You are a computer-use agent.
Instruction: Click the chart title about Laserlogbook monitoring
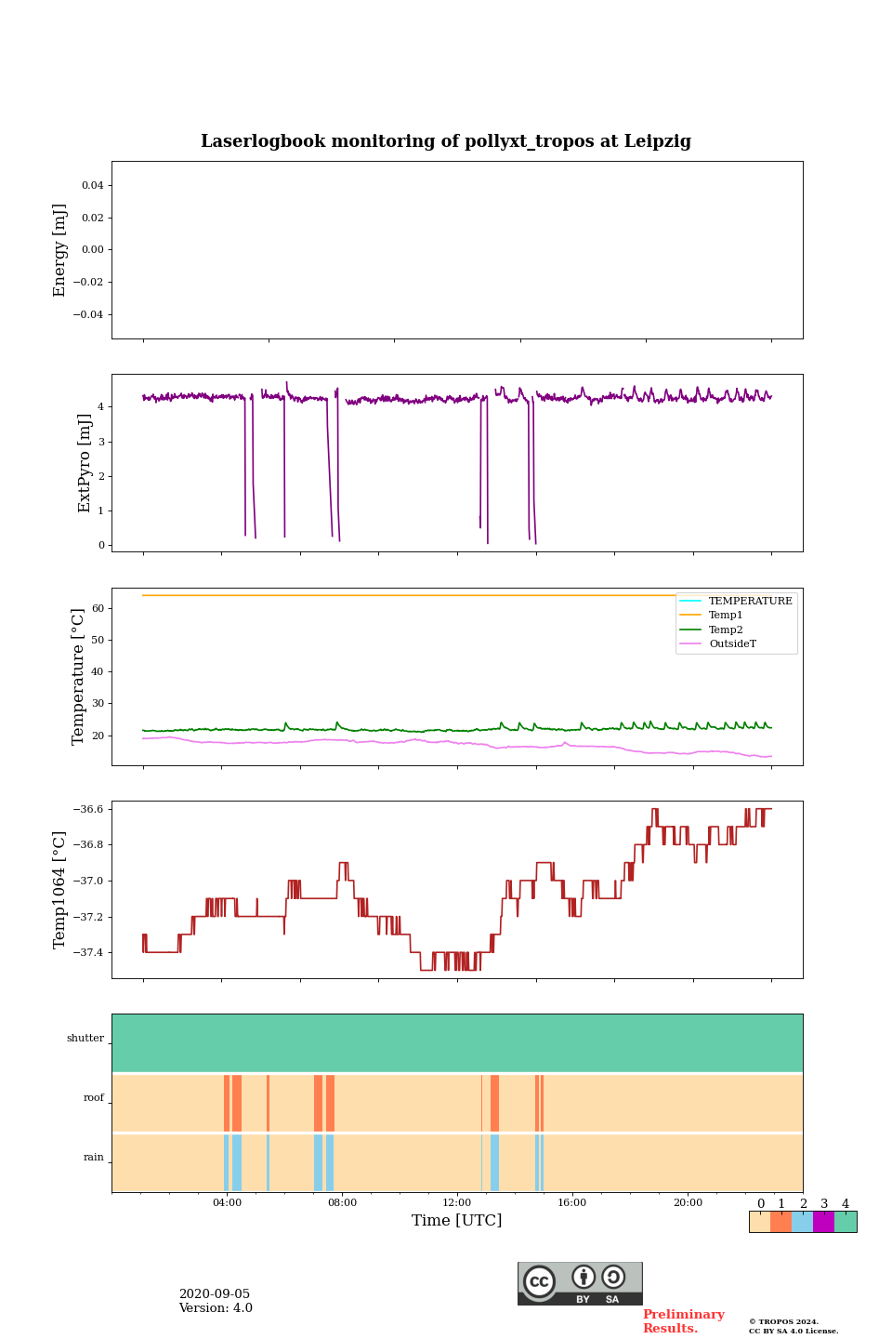(x=446, y=141)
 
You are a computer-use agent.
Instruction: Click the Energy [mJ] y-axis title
(x=60, y=250)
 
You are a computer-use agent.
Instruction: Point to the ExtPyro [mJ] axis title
(x=85, y=463)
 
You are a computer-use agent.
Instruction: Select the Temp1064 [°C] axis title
(x=60, y=890)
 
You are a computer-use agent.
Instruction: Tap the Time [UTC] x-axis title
(x=457, y=1220)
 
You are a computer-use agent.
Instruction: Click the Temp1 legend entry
(x=726, y=616)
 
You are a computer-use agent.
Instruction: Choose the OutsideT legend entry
(x=732, y=644)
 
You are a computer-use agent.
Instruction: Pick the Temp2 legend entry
(x=726, y=630)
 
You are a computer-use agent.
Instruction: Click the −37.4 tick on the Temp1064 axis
(x=85, y=953)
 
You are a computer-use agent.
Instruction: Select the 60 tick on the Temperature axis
(x=98, y=608)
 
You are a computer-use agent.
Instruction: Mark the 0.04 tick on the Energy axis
(x=92, y=186)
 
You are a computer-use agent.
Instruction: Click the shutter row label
(x=85, y=1039)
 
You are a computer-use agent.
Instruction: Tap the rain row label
(x=94, y=1158)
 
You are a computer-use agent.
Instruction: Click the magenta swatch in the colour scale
(x=823, y=1222)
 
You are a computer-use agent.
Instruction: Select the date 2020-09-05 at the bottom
(x=215, y=1294)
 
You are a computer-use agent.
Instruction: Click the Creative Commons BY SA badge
(x=580, y=1283)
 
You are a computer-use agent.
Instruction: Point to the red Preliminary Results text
(x=683, y=1321)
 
